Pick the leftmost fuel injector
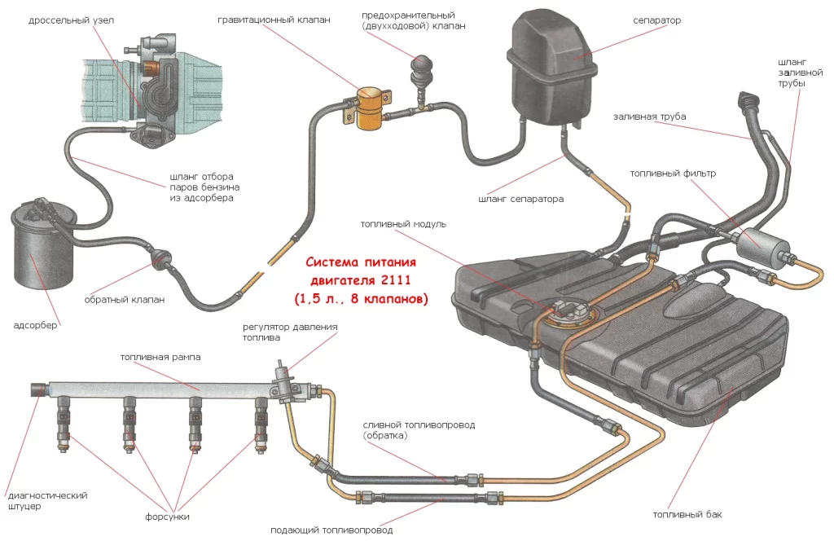pyautogui.click(x=63, y=424)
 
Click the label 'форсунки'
pyautogui.click(x=168, y=516)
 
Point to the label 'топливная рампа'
pyautogui.click(x=160, y=357)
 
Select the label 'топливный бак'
pyautogui.click(x=687, y=514)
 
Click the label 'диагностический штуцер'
pyautogui.click(x=46, y=500)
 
